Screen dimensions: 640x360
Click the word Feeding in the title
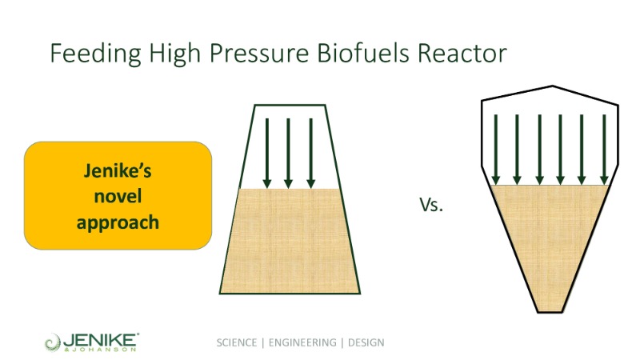tap(95, 54)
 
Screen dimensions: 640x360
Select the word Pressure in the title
tap(259, 54)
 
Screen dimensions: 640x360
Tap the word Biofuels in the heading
tap(363, 53)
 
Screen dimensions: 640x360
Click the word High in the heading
tap(174, 54)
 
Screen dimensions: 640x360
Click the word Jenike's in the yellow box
tap(118, 170)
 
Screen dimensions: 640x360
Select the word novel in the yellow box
tap(118, 196)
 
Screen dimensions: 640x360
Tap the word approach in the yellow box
tap(118, 223)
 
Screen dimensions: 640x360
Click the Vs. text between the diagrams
tap(431, 204)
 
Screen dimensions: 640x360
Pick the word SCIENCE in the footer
tap(237, 342)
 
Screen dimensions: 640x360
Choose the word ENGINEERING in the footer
tap(302, 342)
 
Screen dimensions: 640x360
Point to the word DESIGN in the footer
tap(366, 342)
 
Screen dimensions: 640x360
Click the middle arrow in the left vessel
tap(288, 154)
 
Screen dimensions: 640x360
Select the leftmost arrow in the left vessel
tap(267, 154)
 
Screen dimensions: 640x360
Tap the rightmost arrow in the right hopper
tap(605, 150)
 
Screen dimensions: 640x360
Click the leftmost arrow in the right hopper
tap(496, 150)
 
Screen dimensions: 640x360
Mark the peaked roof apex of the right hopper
tap(553, 86)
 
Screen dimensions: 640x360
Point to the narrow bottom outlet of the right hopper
tap(550, 312)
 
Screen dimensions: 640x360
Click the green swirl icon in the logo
tap(52, 342)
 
